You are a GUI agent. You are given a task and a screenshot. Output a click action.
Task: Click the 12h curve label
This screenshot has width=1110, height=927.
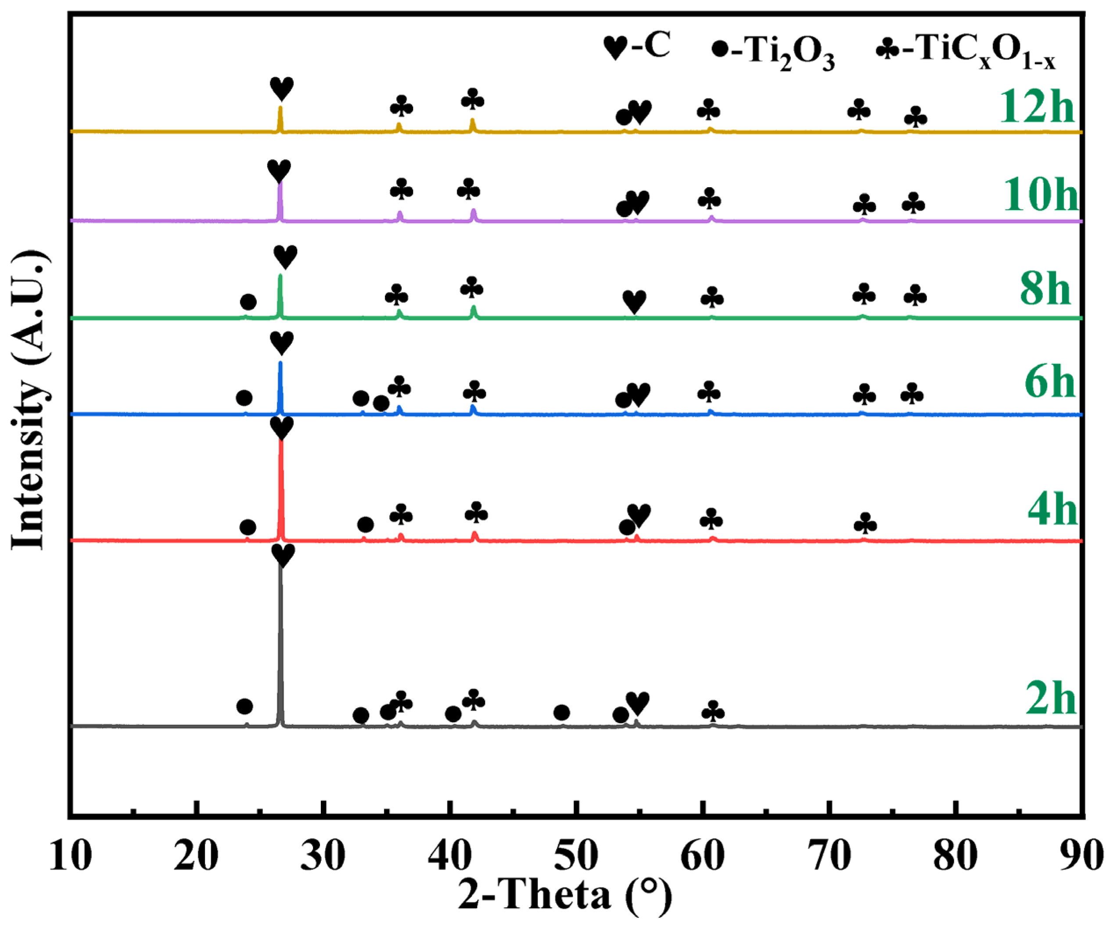[1037, 106]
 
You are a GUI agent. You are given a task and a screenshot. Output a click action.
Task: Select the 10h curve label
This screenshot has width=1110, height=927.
[1040, 195]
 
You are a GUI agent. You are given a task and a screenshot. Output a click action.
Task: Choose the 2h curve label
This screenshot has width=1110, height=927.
[1051, 699]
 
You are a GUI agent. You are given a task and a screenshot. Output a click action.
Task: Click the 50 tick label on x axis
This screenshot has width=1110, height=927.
[577, 855]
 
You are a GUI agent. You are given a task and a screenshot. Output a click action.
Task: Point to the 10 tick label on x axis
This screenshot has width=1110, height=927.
[70, 855]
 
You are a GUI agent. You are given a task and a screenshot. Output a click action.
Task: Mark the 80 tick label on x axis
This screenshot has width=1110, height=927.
[956, 855]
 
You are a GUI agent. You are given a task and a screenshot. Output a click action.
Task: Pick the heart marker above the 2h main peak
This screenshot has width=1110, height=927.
[283, 556]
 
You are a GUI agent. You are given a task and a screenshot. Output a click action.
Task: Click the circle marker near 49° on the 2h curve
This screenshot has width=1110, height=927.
[561, 713]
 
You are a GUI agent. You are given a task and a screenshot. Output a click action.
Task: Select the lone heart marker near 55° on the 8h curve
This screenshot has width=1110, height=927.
[634, 302]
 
